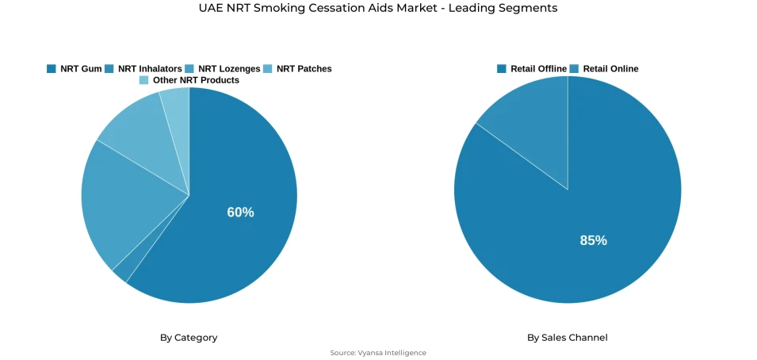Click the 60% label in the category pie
click(x=240, y=213)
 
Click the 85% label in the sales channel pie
click(x=593, y=240)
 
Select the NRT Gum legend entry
click(x=81, y=69)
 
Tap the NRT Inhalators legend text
click(x=150, y=69)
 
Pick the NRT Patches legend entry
click(x=304, y=69)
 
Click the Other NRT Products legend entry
click(x=196, y=80)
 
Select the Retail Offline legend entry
click(x=538, y=69)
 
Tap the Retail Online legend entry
click(x=610, y=69)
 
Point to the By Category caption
click(x=189, y=338)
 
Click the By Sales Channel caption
click(x=568, y=338)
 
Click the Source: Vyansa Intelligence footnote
click(x=378, y=353)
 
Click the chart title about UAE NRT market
click(x=378, y=8)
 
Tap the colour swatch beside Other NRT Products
click(x=143, y=80)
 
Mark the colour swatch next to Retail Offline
click(x=502, y=69)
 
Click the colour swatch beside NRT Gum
click(x=52, y=69)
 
